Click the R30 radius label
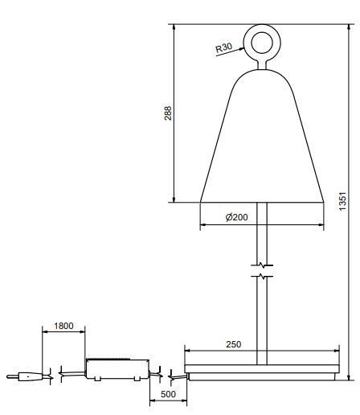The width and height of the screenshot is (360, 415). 223,47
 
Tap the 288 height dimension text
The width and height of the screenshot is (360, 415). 168,113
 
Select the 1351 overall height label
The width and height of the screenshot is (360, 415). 342,201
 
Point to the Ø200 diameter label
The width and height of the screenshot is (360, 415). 237,217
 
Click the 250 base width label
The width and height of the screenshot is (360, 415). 233,344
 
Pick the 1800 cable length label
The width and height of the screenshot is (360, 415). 63,326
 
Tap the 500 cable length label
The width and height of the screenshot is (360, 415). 168,394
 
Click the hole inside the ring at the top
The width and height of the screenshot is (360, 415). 262,43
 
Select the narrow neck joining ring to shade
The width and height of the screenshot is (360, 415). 262,64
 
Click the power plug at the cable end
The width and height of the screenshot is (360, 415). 25,376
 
